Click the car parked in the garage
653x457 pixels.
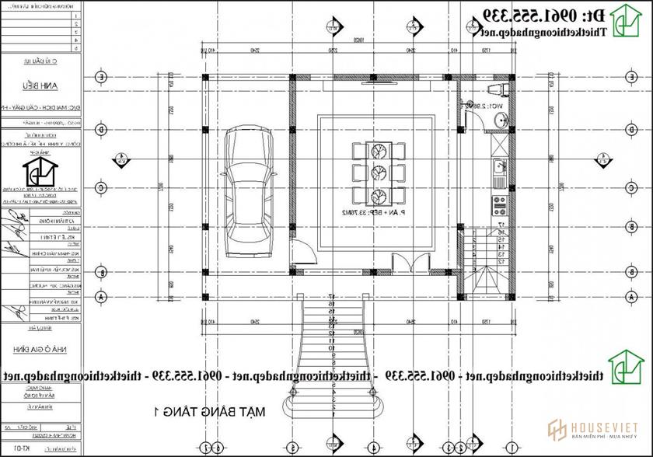click(246, 194)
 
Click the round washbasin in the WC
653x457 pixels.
click(500, 119)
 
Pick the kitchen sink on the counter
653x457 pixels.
click(498, 166)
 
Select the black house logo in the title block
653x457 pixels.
click(39, 172)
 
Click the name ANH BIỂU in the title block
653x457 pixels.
click(40, 86)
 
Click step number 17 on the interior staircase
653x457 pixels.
click(501, 224)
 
